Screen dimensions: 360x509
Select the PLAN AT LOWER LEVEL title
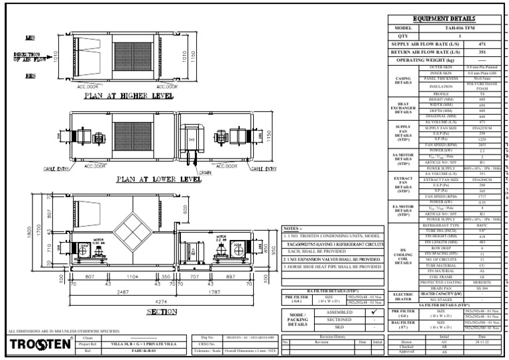click(x=158, y=179)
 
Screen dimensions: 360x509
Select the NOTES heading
click(x=293, y=227)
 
